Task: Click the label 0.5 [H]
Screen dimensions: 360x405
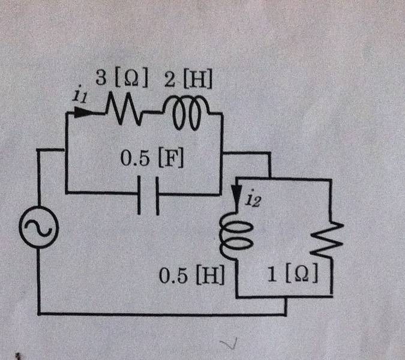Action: [191, 277]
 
